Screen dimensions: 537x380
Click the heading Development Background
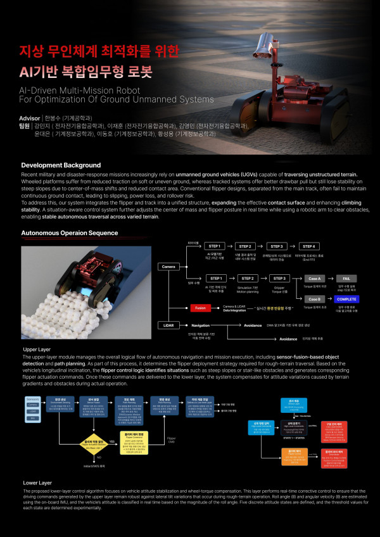click(61, 165)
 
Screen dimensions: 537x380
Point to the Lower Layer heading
click(37, 483)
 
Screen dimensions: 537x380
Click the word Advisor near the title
click(30, 118)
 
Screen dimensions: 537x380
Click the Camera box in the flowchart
click(168, 267)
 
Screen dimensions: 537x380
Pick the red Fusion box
click(200, 308)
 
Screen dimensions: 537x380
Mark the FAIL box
click(346, 278)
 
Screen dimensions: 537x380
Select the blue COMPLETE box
click(346, 298)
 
